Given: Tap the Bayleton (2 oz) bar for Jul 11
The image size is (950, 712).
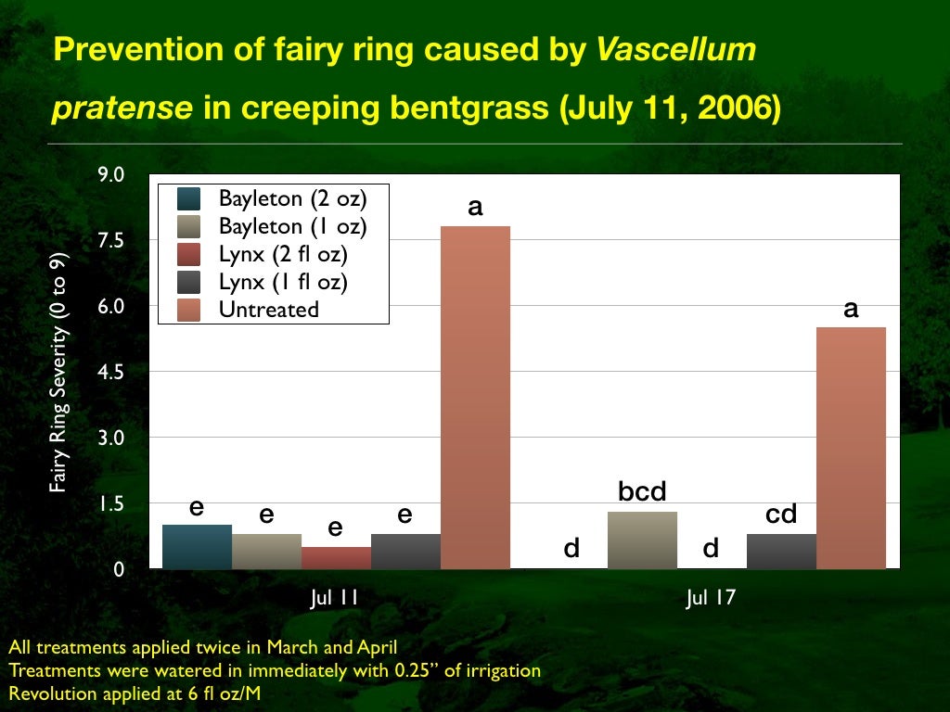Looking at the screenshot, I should (197, 546).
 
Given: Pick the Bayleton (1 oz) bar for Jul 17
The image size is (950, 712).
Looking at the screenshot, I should (642, 540).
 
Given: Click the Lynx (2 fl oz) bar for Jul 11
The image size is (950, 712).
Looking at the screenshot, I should (336, 557).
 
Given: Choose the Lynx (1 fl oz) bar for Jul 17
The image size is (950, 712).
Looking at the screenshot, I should (781, 551).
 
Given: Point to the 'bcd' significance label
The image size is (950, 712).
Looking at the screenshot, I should (642, 492).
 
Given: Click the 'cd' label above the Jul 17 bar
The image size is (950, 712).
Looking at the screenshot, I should (781, 514).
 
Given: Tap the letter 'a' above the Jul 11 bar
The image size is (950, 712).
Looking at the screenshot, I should (475, 206).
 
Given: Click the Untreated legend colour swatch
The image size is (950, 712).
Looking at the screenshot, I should (188, 309).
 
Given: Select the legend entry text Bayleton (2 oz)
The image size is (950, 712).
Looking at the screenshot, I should (292, 197).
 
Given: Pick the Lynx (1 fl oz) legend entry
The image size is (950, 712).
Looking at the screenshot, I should (283, 281).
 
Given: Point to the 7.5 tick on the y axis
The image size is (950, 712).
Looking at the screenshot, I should (110, 240).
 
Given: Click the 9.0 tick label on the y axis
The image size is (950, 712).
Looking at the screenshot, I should (110, 174).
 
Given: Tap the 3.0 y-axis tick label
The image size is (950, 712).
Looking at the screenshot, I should (110, 438).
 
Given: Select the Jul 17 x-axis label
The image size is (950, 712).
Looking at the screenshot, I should (711, 598).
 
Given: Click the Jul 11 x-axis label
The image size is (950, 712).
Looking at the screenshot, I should (334, 598).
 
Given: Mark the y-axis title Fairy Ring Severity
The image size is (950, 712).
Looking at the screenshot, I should (58, 371).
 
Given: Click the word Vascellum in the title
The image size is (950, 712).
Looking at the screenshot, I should (676, 49).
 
